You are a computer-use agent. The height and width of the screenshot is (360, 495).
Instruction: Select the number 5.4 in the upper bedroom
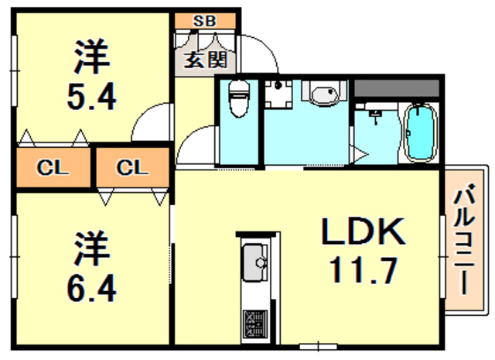click(x=91, y=98)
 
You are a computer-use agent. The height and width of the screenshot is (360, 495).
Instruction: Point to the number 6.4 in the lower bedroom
click(x=91, y=288)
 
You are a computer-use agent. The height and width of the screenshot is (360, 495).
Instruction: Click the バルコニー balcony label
click(x=465, y=240)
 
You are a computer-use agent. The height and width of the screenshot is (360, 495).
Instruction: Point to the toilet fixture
click(x=239, y=101)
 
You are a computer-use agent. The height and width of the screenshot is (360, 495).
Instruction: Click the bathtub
click(x=421, y=132)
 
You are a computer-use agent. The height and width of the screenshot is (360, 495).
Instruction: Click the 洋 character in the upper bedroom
click(x=91, y=56)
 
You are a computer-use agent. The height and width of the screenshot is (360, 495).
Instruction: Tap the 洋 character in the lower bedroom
click(x=91, y=248)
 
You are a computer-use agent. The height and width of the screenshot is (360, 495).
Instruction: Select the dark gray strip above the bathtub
click(x=398, y=87)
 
